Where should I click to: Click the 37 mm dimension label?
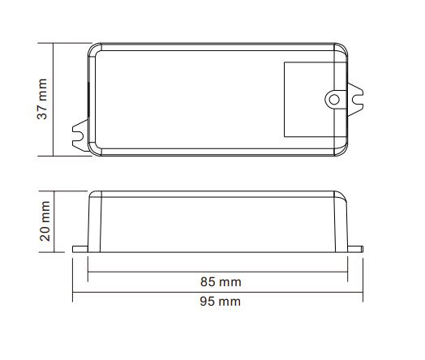click(42, 99)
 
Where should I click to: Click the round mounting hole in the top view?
click(334, 98)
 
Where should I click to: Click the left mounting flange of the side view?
click(79, 246)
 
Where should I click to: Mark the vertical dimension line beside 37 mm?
click(54, 99)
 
